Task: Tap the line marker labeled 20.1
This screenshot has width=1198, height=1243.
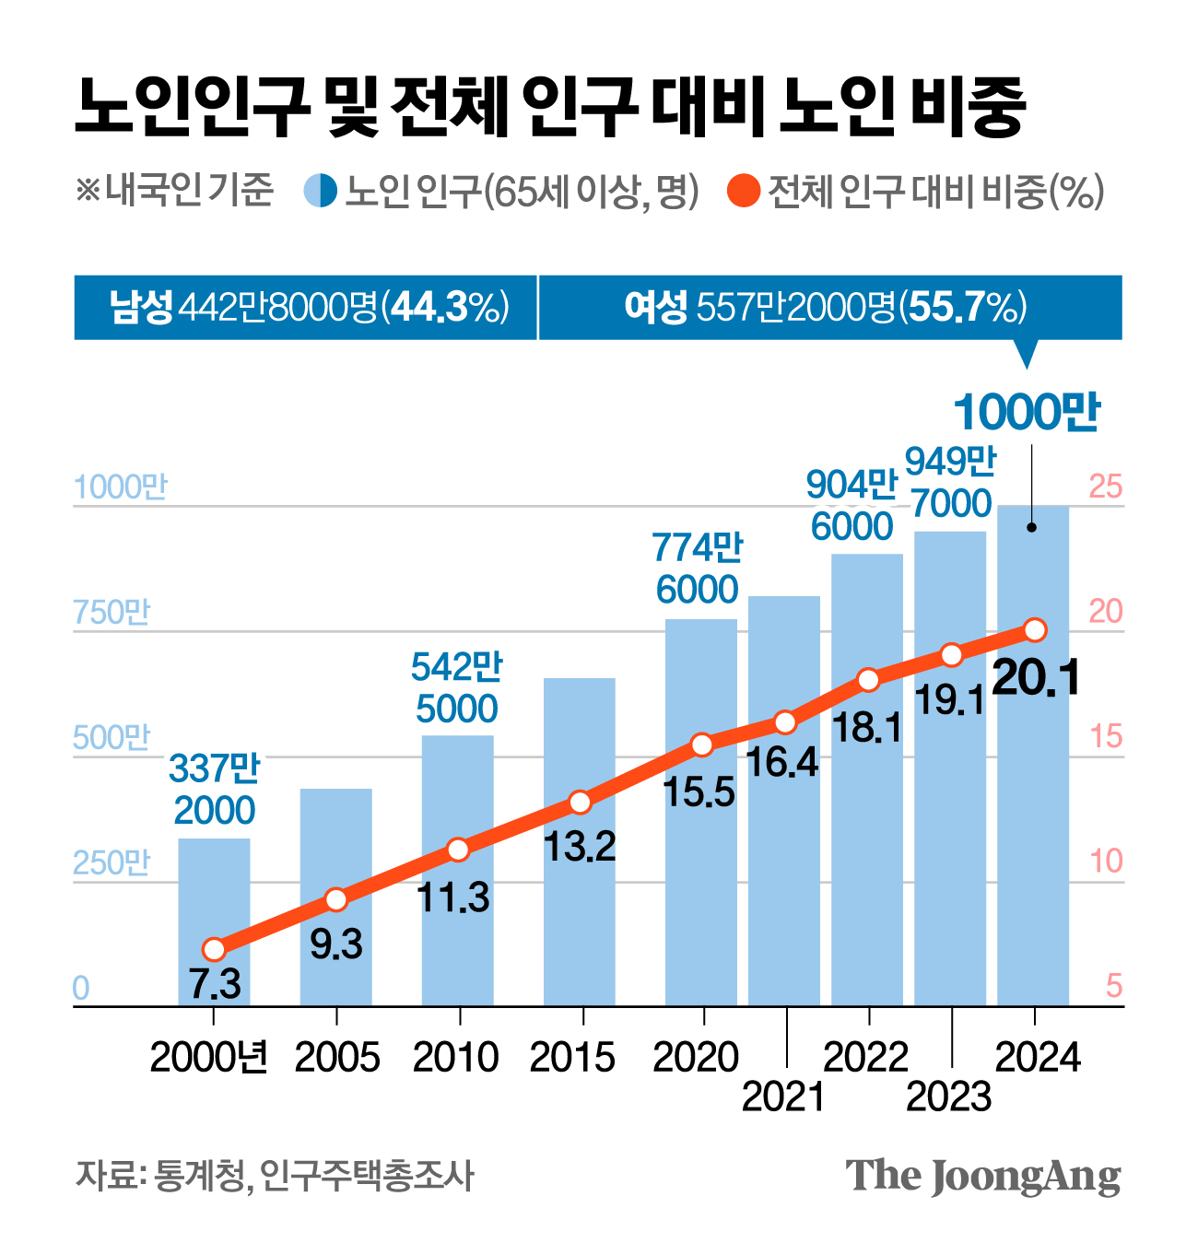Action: click(x=1035, y=630)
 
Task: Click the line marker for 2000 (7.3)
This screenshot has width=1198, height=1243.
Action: click(x=214, y=949)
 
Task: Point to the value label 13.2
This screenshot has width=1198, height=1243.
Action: click(x=580, y=846)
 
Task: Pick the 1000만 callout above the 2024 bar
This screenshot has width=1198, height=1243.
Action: click(x=1027, y=412)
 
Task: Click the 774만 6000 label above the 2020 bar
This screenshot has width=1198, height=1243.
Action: click(x=698, y=569)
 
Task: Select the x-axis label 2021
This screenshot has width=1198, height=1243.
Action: click(x=783, y=1096)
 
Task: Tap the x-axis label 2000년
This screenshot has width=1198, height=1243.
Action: click(x=209, y=1057)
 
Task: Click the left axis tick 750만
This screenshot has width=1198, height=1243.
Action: click(x=112, y=613)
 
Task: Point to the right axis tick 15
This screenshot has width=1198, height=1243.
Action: click(x=1107, y=737)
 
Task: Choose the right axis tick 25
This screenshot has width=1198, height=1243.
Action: click(x=1107, y=487)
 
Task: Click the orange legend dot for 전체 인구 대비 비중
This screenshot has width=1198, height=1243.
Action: click(x=744, y=192)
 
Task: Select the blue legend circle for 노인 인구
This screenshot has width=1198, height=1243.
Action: click(x=321, y=192)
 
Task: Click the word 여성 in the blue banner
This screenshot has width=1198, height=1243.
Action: click(x=655, y=307)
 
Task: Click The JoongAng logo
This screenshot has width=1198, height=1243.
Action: click(x=982, y=1177)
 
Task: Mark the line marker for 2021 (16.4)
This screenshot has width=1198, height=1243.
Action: click(x=785, y=721)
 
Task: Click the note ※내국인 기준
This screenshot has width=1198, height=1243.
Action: click(x=175, y=191)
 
